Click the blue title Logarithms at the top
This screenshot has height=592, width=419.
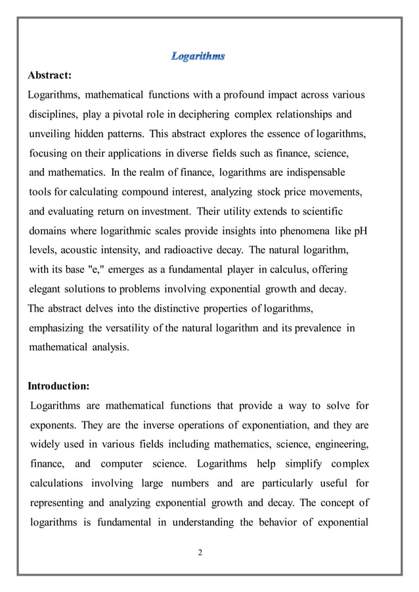point(198,57)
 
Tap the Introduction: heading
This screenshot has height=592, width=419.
point(58,385)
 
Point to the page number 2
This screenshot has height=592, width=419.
point(201,551)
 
